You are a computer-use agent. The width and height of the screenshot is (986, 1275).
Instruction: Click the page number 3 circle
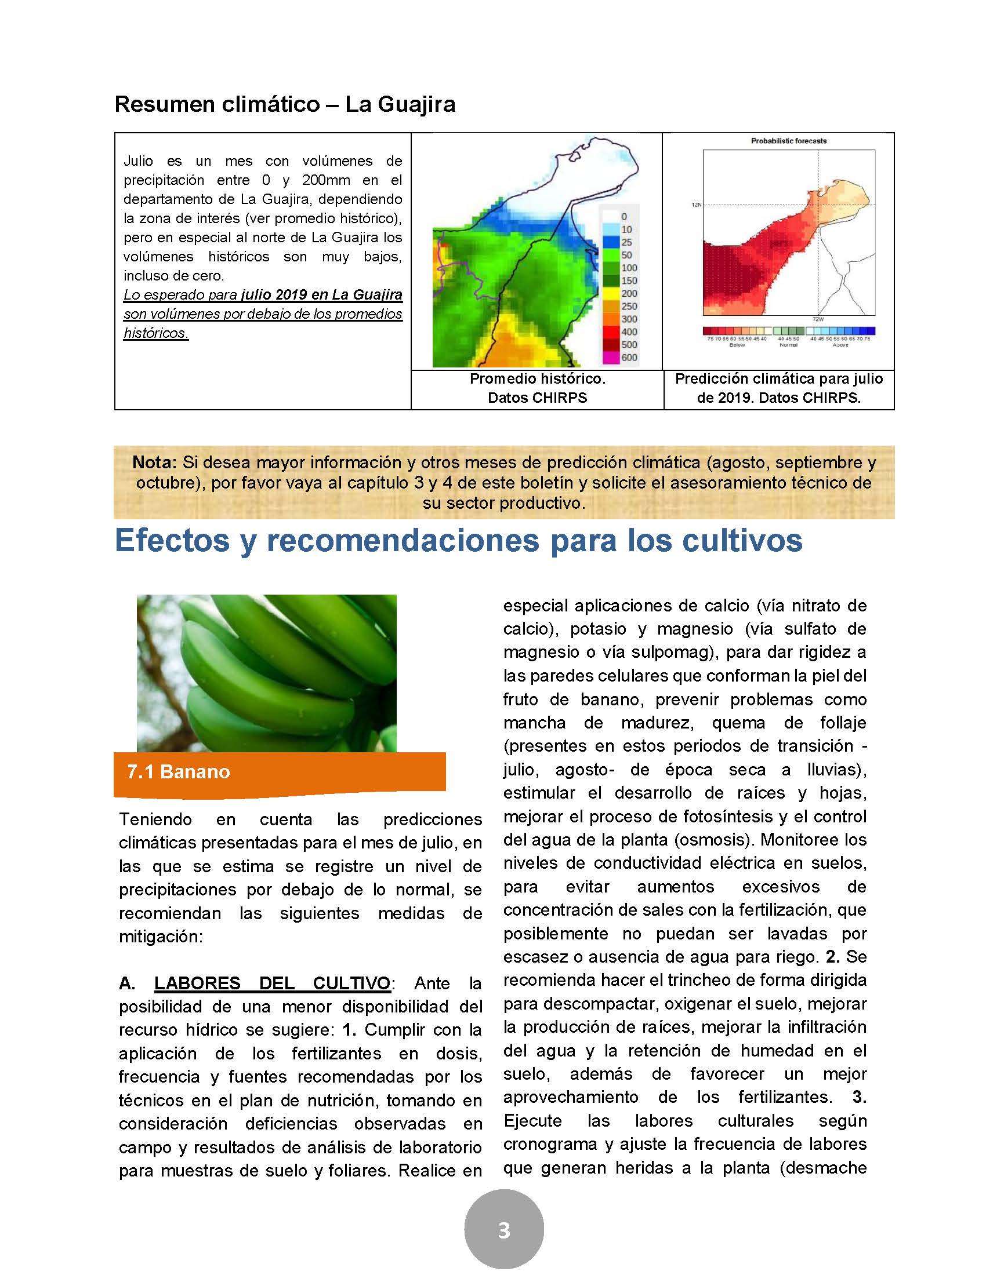tap(503, 1229)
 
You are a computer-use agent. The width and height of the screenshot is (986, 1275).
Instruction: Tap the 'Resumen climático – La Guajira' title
tap(285, 104)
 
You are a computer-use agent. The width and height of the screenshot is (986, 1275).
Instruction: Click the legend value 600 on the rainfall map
tap(629, 357)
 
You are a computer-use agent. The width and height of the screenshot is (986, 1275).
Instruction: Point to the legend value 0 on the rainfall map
tap(624, 217)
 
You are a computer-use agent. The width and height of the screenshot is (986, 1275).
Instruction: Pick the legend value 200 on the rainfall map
tap(629, 293)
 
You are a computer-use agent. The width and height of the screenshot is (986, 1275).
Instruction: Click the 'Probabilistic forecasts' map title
tap(789, 141)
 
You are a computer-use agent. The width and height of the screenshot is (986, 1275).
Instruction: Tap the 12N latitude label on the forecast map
tap(696, 205)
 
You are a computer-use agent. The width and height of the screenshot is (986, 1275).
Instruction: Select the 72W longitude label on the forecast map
tap(817, 319)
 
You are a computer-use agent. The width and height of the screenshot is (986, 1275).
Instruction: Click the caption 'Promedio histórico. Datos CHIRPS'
tap(538, 388)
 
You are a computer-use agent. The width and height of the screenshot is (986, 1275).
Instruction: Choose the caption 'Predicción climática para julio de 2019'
tap(778, 388)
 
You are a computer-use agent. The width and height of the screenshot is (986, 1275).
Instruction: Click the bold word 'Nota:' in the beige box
tap(154, 462)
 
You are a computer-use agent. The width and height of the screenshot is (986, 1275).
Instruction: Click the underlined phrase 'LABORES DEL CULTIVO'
tap(272, 983)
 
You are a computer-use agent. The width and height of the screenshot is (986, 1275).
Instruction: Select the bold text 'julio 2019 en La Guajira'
tap(321, 294)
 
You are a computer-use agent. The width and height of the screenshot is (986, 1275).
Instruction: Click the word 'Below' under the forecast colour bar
tap(737, 345)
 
